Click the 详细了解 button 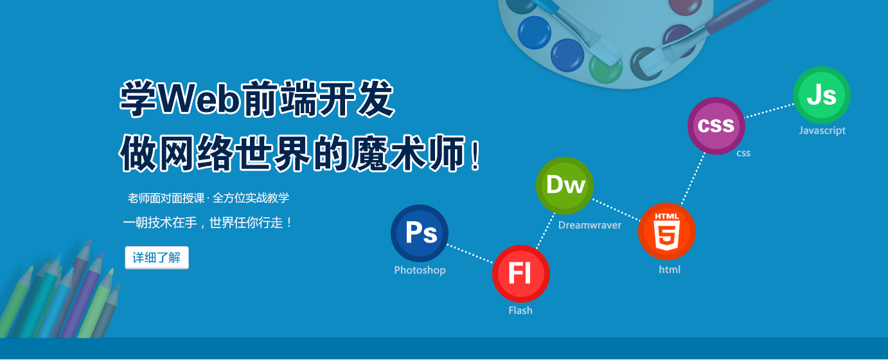(x=157, y=258)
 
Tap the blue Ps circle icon (x=420, y=233)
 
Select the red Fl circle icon (x=521, y=274)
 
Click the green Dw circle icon (x=565, y=186)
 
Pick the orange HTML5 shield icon (x=667, y=231)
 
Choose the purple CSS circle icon (x=716, y=126)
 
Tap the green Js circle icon (x=821, y=95)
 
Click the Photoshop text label (x=420, y=271)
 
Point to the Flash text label (x=520, y=310)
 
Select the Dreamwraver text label (x=590, y=225)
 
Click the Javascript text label (x=822, y=130)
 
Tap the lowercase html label (x=670, y=269)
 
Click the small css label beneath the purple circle (x=743, y=153)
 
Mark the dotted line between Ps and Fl (x=470, y=254)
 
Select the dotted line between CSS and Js (x=770, y=111)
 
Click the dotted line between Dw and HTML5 (x=616, y=210)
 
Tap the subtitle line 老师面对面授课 (x=166, y=198)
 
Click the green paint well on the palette (x=605, y=69)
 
